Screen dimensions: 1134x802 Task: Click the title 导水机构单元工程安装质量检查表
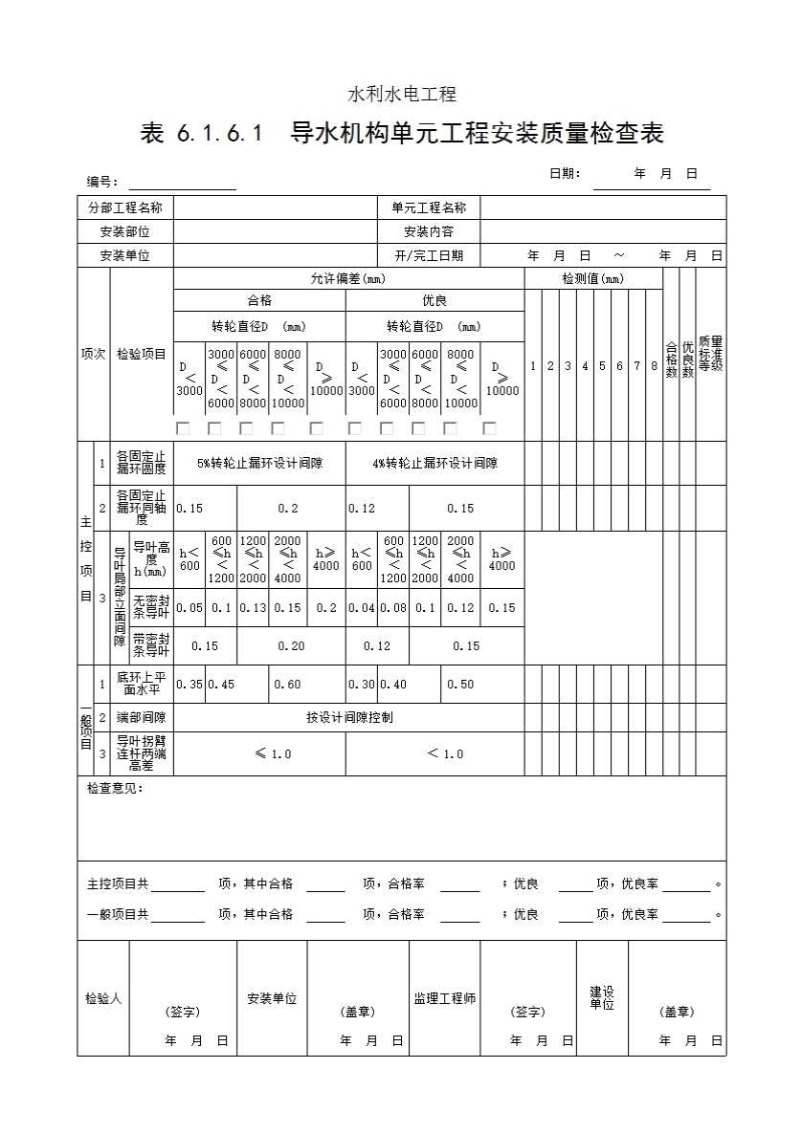point(477,133)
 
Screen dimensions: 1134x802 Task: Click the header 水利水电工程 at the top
point(401,94)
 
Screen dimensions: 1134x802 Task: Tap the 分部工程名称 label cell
point(124,207)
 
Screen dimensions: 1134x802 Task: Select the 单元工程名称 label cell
point(428,207)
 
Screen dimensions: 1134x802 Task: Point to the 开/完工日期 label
point(428,255)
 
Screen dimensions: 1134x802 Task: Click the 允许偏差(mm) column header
point(347,278)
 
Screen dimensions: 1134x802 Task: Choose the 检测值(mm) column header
point(592,278)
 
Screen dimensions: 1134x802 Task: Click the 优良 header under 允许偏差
point(434,300)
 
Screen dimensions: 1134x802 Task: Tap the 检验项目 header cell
point(141,354)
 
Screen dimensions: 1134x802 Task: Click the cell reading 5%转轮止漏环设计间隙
point(259,463)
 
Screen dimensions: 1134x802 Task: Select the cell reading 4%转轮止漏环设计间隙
point(434,463)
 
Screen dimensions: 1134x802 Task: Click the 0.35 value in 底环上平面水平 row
point(189,684)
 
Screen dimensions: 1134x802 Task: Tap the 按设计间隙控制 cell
point(348,717)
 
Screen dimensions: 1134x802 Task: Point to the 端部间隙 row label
point(141,717)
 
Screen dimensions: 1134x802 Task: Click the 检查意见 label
point(114,789)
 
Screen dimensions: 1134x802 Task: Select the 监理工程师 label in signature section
point(444,998)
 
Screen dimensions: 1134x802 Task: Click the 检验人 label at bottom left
point(102,998)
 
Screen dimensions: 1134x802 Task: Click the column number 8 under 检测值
point(654,365)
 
